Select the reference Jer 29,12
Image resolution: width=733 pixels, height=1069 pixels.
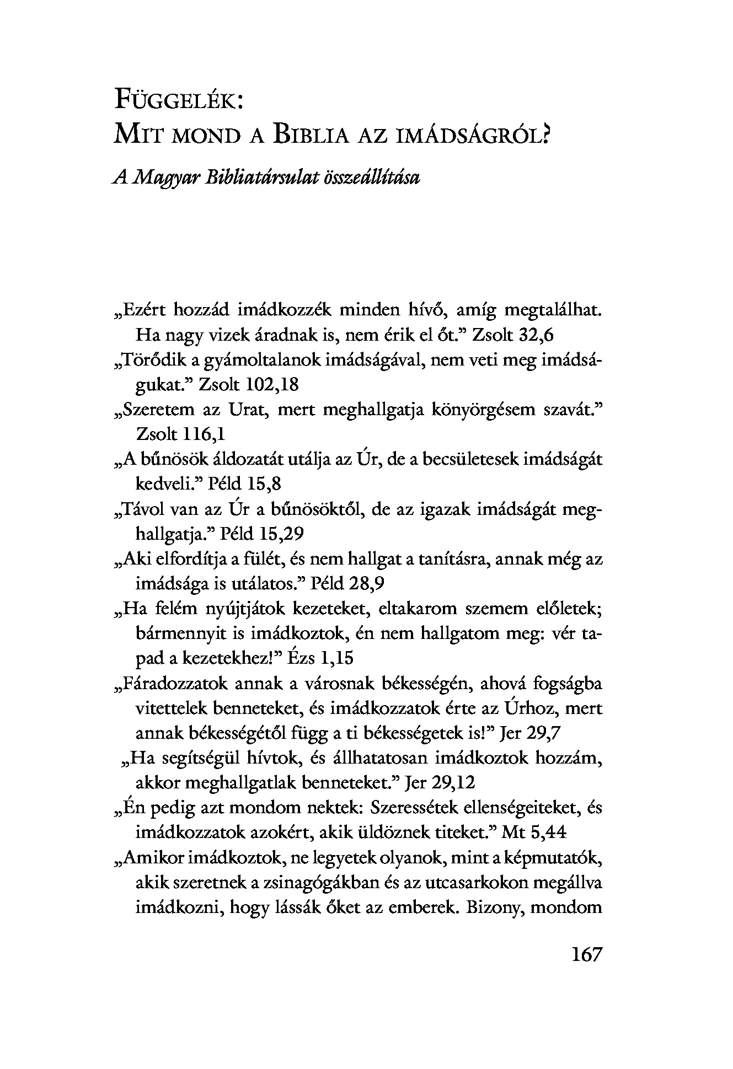tap(440, 783)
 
